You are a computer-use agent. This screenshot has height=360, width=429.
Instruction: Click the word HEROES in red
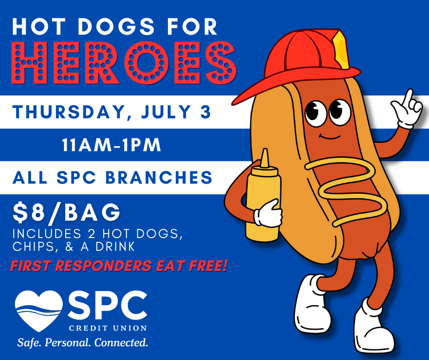[124, 63]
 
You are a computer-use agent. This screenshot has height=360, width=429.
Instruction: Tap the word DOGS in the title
[116, 26]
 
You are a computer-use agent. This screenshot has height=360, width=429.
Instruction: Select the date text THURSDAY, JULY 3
[112, 112]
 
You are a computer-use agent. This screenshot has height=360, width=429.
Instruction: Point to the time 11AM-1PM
[111, 145]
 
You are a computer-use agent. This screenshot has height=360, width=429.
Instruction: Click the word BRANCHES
[159, 177]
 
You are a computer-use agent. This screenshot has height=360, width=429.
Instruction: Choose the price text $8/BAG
[67, 212]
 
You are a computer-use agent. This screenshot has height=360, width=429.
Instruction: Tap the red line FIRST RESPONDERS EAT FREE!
[119, 266]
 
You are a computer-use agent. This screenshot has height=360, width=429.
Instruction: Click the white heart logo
[39, 310]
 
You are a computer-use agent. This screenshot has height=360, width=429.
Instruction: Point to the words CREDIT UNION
[108, 328]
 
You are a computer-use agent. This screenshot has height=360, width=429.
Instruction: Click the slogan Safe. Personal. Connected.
[82, 343]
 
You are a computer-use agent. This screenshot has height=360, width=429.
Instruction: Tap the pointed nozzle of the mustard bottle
[264, 159]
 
